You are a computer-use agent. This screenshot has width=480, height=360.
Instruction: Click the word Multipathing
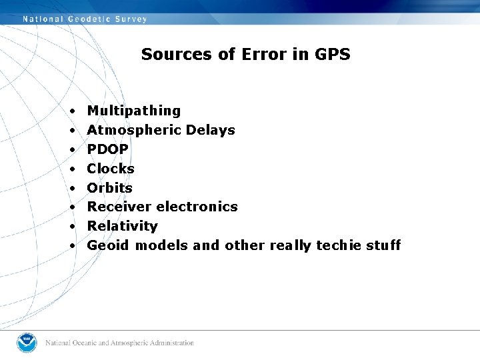coord(133,111)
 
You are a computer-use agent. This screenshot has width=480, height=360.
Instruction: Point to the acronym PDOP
coord(107,149)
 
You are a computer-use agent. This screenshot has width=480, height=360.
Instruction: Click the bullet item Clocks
coord(111,169)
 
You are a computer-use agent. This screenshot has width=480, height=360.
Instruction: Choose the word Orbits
coord(109,188)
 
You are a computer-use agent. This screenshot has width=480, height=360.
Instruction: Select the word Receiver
coord(119,207)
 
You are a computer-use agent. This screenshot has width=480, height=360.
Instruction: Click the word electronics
coord(197,207)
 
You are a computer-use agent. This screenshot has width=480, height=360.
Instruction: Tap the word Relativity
coord(122,226)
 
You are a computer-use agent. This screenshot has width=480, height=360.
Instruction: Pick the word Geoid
coord(109,245)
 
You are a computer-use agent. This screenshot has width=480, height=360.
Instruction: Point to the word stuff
coord(383,245)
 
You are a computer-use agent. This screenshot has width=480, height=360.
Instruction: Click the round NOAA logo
coord(27,343)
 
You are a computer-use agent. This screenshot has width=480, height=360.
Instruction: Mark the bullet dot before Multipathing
coord(71,111)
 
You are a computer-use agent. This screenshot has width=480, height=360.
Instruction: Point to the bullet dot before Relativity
coord(71,227)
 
